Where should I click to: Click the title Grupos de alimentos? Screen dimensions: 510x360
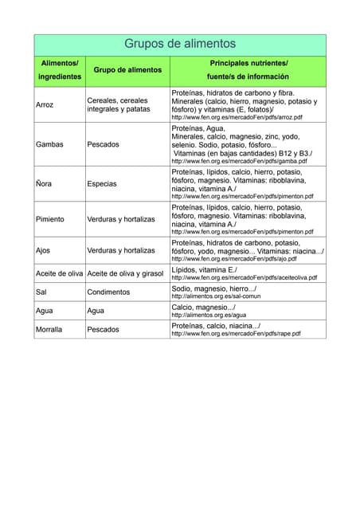[x=180, y=44]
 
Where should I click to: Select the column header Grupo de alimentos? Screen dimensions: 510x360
[x=127, y=70]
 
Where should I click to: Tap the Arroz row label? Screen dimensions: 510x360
[x=45, y=104]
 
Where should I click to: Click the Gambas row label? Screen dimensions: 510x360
[x=49, y=144]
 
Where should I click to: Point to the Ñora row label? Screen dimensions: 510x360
[x=44, y=183]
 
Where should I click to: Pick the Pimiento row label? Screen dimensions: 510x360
[x=50, y=218]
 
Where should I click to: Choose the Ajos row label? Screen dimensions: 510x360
[x=43, y=250]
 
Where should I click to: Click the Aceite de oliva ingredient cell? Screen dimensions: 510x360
[x=60, y=273]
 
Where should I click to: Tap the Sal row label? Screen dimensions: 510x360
[x=41, y=292]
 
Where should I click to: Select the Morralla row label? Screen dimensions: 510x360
[x=49, y=329]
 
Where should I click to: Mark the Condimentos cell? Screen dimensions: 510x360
[x=108, y=292]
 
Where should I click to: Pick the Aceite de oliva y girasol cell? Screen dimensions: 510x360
[x=125, y=273]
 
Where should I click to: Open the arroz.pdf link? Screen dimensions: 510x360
[x=237, y=117]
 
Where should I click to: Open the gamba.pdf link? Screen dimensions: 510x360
[x=239, y=161]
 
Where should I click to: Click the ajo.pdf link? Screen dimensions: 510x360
[x=234, y=259]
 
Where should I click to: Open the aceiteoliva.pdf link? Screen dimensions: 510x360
[x=244, y=278]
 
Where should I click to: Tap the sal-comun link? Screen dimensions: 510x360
[x=217, y=296]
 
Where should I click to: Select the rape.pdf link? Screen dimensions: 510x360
[x=236, y=334]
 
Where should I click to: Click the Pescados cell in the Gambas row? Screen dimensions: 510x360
[x=104, y=144]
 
